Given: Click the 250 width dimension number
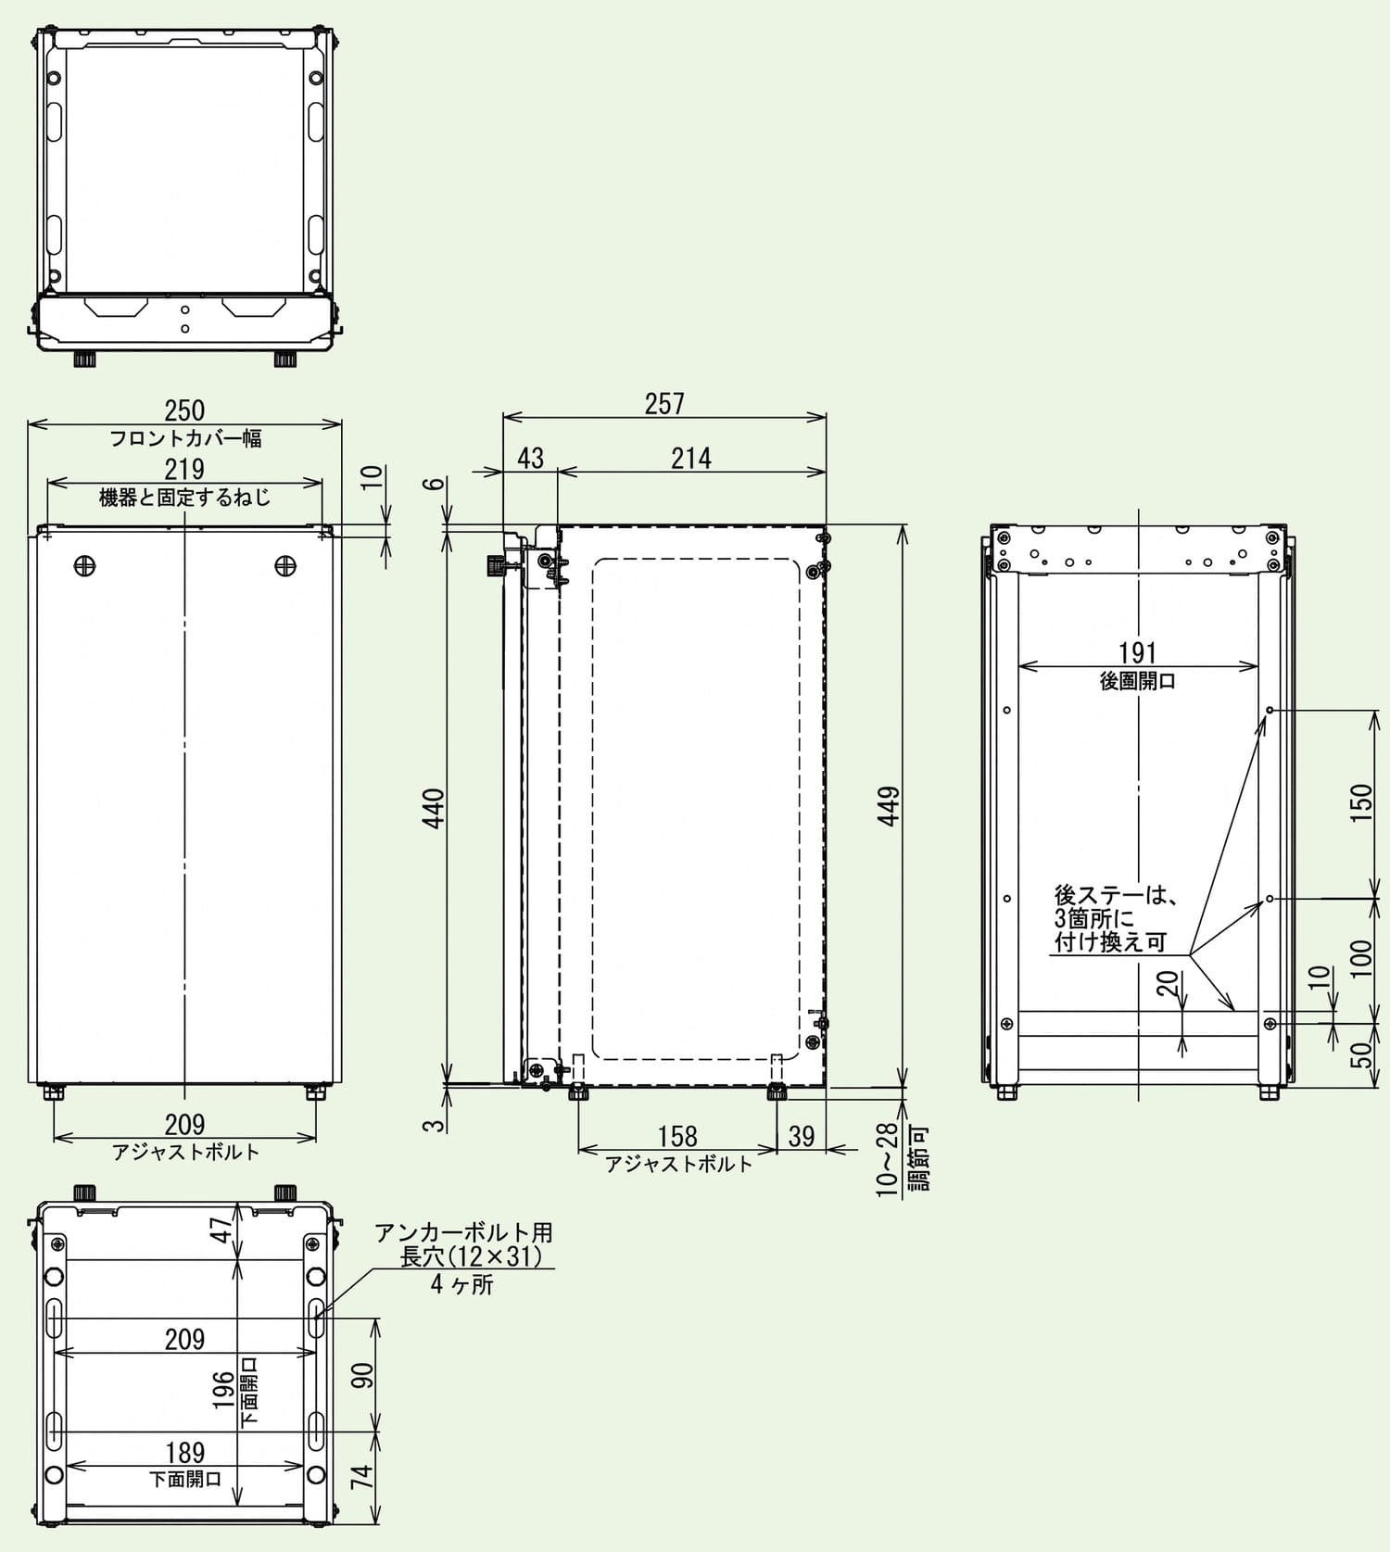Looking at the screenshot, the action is [x=184, y=410].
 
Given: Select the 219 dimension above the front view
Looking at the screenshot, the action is [x=184, y=469].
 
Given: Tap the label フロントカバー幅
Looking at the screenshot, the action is [x=185, y=438].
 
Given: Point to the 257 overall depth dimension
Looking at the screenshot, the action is [x=664, y=403].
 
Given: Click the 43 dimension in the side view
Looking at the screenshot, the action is [x=530, y=458].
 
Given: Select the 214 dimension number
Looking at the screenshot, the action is [x=691, y=458].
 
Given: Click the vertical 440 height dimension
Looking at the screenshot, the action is [x=434, y=808].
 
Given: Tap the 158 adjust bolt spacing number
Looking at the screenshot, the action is [x=677, y=1136].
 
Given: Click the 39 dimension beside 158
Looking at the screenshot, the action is [x=801, y=1136].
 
